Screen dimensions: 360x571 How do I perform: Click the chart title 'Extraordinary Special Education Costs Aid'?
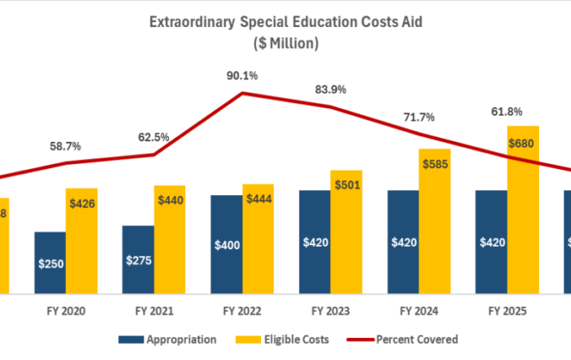pyautogui.click(x=285, y=23)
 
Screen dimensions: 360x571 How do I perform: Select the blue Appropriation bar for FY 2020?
pyautogui.click(x=50, y=262)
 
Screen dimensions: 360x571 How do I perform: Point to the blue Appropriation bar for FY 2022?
pyautogui.click(x=226, y=244)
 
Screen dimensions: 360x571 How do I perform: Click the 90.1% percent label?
pyautogui.click(x=242, y=76)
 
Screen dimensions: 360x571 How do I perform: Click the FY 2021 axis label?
pyautogui.click(x=154, y=311)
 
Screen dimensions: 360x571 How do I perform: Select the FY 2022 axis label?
pyautogui.click(x=242, y=311)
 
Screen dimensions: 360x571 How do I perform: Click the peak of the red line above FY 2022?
pyautogui.click(x=242, y=93)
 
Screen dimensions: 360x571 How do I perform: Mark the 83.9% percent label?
pyautogui.click(x=330, y=89)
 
